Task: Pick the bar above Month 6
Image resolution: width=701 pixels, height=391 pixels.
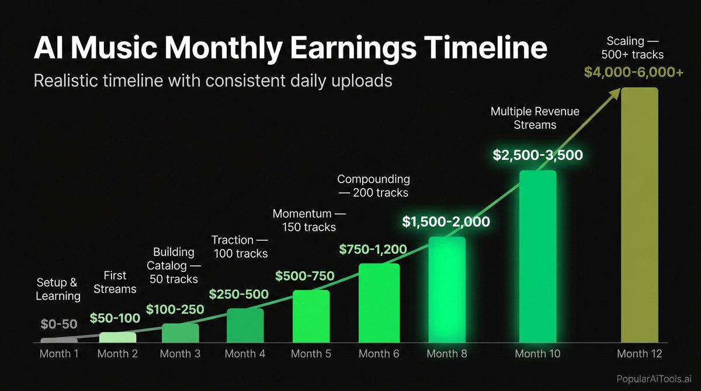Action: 379,303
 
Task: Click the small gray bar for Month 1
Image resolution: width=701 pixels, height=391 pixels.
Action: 59,340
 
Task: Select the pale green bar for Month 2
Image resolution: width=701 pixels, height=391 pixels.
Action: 117,337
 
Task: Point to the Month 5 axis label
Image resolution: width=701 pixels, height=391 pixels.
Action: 311,354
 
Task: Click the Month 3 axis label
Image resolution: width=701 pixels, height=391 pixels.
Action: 180,354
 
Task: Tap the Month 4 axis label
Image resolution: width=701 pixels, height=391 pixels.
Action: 245,354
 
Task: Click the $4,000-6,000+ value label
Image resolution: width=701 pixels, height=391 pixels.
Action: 634,72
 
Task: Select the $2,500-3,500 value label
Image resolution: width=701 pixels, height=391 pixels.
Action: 537,155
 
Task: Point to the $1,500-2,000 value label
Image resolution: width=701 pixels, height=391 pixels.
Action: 446,222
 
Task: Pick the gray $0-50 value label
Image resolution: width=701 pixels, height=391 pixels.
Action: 59,323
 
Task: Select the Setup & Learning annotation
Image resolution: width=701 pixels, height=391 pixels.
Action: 58,289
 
